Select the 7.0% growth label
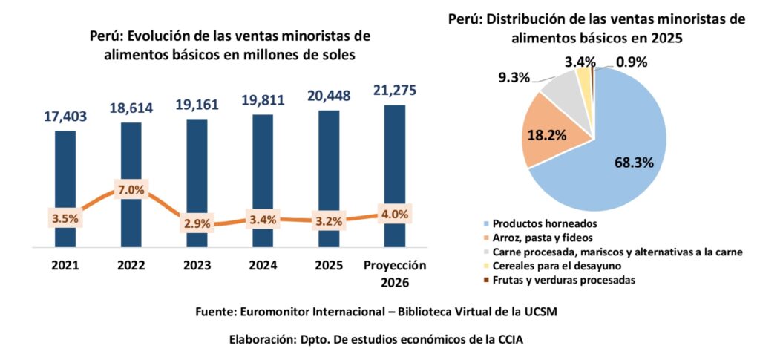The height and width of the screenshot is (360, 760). (x=131, y=190)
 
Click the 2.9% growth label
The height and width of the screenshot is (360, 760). (x=197, y=223)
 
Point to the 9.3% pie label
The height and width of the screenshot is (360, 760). (x=511, y=76)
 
